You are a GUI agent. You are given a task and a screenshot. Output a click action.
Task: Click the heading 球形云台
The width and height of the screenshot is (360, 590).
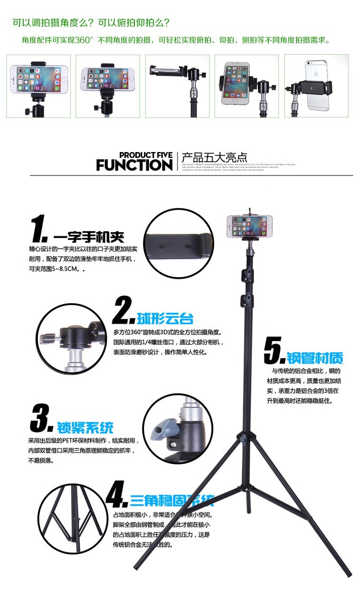coord(165,318)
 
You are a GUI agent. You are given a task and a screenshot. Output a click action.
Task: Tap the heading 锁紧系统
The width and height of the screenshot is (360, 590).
coord(85,427)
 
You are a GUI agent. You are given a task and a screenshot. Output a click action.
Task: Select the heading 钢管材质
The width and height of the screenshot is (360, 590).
coord(315,358)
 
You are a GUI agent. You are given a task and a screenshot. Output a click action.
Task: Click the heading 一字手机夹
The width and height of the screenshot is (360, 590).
coord(89,237)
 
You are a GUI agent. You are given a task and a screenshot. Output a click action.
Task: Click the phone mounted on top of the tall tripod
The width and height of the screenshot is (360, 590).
coord(249,226)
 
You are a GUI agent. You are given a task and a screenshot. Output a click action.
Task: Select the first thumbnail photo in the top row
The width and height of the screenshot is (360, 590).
coord(38,86)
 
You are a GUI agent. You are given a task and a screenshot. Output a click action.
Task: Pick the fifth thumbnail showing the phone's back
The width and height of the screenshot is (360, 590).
coord(316,86)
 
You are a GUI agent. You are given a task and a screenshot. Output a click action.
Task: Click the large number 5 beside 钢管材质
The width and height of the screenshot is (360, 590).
coord(275,352)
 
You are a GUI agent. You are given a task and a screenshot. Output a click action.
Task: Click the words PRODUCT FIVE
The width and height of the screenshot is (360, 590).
coord(145,155)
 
